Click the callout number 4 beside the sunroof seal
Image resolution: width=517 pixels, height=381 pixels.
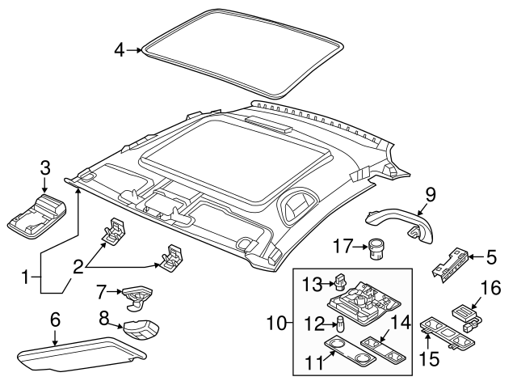(x=119, y=49)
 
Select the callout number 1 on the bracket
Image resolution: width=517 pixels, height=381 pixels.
(x=27, y=277)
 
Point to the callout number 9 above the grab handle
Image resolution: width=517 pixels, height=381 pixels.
(x=431, y=193)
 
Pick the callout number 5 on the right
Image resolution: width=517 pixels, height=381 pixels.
(x=490, y=258)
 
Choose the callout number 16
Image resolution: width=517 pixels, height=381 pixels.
(x=490, y=288)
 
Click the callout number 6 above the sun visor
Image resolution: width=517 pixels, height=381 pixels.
(x=55, y=320)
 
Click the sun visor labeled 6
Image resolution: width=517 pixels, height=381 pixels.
(x=77, y=352)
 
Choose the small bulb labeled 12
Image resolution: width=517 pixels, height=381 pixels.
(x=340, y=326)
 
